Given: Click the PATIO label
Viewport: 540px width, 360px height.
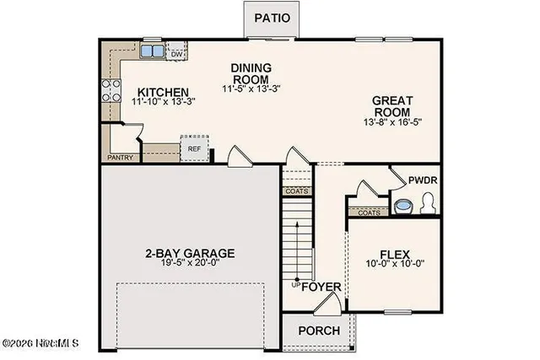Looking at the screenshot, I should click(271, 17).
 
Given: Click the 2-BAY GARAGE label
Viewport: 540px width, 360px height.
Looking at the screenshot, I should click(190, 253).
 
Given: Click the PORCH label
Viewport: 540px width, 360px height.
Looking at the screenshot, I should click(319, 330).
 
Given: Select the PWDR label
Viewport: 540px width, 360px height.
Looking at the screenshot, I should click(421, 180).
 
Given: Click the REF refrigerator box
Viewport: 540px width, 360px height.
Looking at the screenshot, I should click(194, 149).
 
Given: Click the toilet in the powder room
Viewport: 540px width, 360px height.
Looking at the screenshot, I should click(428, 203).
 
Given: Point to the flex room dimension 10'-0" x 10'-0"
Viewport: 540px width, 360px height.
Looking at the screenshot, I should click(395, 266).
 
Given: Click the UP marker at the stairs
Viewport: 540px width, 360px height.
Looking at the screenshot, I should click(295, 285).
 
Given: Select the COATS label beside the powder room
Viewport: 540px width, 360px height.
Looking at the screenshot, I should click(368, 212).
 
